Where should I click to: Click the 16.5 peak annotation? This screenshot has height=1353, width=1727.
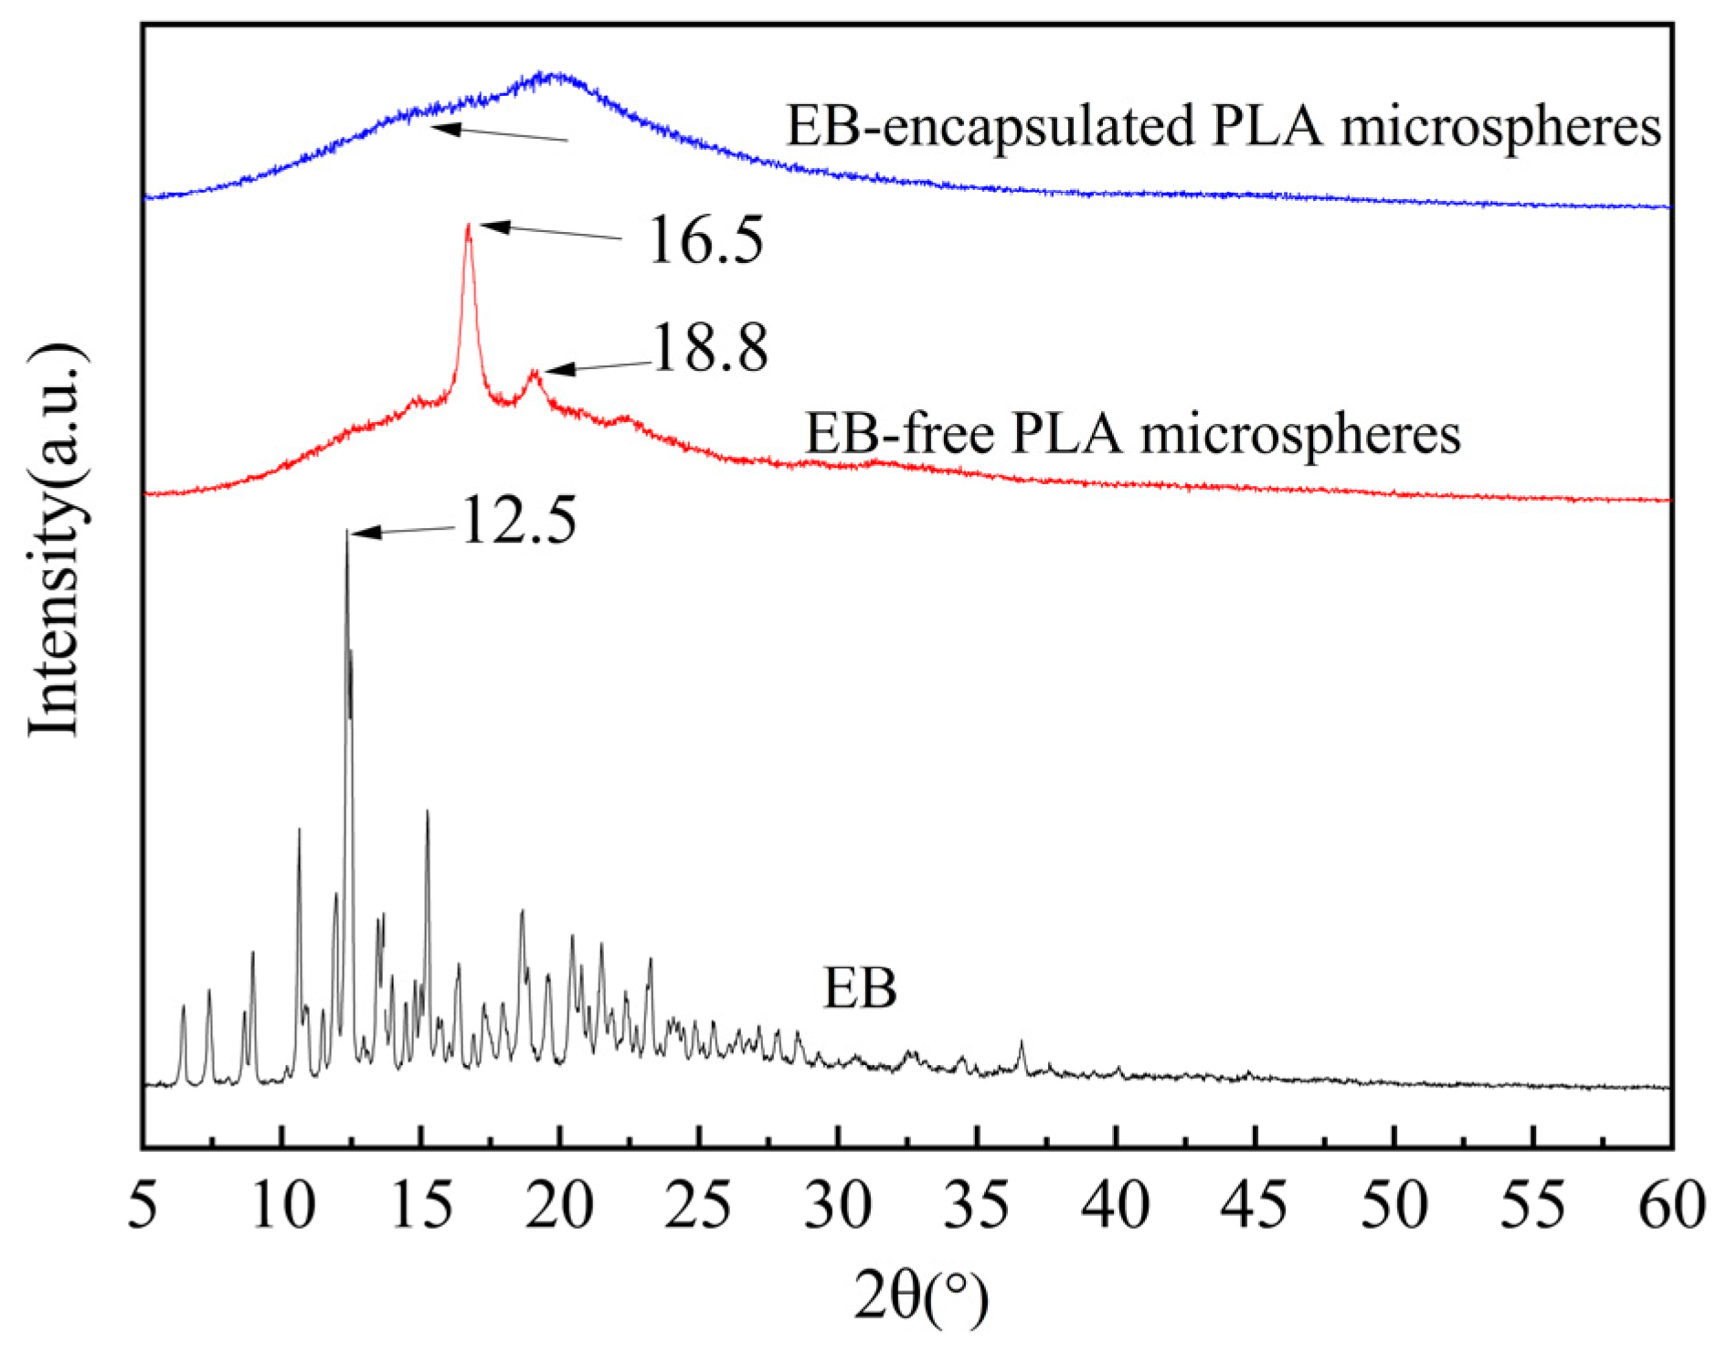click(x=705, y=240)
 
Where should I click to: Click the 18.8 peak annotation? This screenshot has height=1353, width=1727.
click(x=710, y=349)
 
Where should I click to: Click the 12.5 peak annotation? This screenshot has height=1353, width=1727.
click(x=519, y=521)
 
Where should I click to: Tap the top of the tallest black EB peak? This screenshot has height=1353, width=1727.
click(x=347, y=532)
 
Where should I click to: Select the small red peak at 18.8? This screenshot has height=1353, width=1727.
click(x=535, y=373)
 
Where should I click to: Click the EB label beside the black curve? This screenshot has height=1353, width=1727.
click(x=859, y=988)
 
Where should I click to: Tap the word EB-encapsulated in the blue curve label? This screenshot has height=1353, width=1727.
click(x=989, y=125)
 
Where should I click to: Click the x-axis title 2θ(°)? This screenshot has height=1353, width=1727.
click(x=920, y=1297)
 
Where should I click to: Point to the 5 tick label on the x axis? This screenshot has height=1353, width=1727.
click(x=143, y=1206)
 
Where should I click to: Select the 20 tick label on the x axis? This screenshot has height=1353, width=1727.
click(x=560, y=1206)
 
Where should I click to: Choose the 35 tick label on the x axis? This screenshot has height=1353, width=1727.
click(x=977, y=1206)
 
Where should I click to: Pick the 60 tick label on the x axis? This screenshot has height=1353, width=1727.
click(x=1670, y=1206)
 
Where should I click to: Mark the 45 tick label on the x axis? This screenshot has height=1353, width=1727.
click(x=1255, y=1206)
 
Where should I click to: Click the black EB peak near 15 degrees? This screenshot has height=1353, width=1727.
click(x=427, y=812)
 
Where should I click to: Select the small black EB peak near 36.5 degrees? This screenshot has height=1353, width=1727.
click(x=1022, y=1042)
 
